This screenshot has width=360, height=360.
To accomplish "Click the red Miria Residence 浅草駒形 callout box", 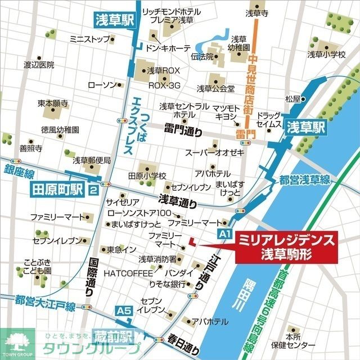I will coord(287,247).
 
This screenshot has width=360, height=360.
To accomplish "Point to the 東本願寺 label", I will coord(53,103).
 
